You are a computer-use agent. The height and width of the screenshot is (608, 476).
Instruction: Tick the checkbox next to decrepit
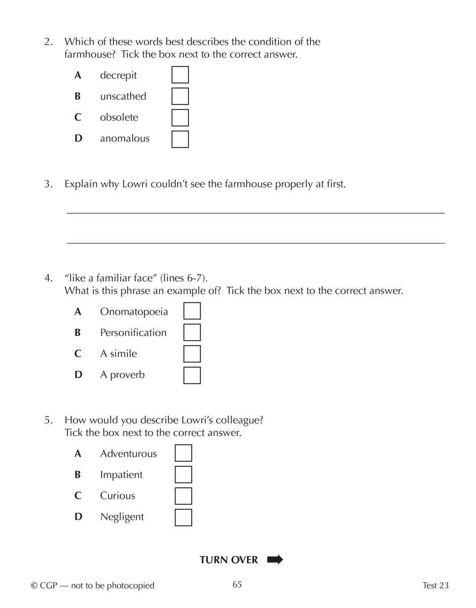point(180,75)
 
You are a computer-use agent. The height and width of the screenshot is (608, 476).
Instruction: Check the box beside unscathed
point(180,96)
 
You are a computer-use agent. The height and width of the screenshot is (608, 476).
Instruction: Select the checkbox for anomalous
point(180,139)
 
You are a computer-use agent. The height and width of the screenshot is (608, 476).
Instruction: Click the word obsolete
point(119,117)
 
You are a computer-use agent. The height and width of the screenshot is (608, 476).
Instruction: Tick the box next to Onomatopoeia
point(192,311)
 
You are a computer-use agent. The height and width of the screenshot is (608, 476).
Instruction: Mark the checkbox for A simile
point(192,354)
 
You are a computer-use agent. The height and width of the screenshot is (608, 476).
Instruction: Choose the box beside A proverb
point(192,375)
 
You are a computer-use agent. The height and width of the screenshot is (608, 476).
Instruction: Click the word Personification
point(133,333)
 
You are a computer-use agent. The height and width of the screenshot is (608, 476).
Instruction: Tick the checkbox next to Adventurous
point(183,453)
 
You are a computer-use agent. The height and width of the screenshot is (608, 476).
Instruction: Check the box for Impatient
point(183,474)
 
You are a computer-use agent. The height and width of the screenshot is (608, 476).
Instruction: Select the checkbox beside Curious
point(183,496)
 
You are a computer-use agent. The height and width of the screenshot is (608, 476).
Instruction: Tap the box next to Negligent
point(183,517)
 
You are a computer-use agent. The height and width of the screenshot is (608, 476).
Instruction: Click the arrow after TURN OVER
point(275,560)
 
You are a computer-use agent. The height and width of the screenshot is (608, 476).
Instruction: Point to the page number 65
point(237,585)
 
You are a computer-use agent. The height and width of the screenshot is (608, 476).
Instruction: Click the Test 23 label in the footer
point(435,586)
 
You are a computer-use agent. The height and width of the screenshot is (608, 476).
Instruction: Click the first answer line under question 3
point(255,213)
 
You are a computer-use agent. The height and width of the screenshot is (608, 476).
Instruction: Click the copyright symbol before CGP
point(34,586)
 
